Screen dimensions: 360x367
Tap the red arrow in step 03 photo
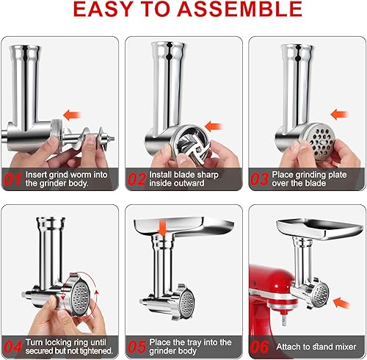click(x=340, y=114)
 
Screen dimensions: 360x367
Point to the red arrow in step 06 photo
click(x=340, y=301)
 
